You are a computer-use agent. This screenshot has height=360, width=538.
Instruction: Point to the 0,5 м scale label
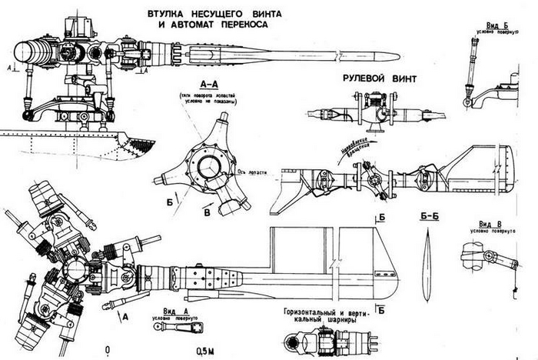tap(206, 351)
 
